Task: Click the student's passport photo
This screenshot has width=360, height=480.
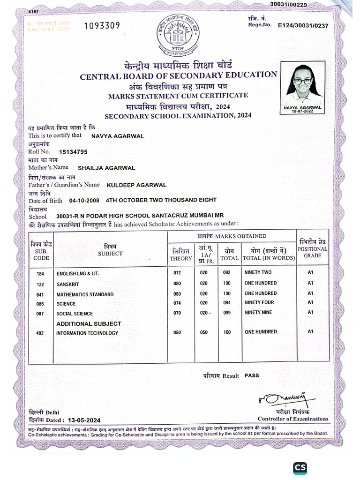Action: (x=302, y=85)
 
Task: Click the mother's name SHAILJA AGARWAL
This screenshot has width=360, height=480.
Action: (x=106, y=168)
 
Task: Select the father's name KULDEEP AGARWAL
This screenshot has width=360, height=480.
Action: (x=137, y=185)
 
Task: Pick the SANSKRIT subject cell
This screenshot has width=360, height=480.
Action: (x=68, y=284)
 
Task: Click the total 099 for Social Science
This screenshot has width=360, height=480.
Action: (x=227, y=313)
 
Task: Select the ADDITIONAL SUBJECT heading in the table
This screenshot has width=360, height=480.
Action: (x=89, y=323)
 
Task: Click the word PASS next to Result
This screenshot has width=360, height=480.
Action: (x=252, y=375)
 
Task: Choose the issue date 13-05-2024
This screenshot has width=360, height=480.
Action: (x=84, y=420)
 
